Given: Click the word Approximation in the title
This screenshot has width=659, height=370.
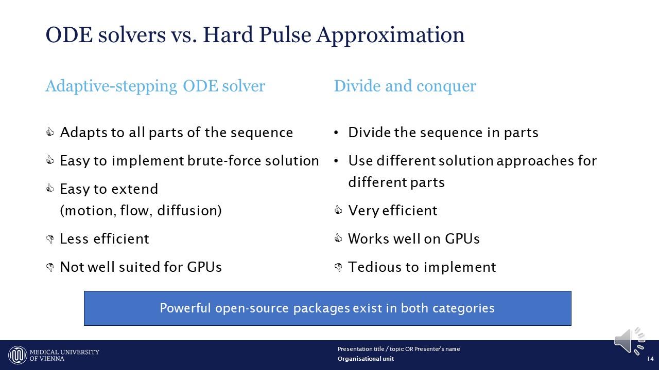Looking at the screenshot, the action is coord(390,36).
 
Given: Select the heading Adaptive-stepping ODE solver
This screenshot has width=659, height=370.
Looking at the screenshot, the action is coord(155,86).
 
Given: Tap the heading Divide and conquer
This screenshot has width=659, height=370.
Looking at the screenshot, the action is coord(405,86).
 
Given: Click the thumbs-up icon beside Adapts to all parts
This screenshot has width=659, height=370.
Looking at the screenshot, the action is coord(50,132).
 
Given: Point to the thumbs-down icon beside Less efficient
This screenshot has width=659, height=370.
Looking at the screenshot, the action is coord(50,239).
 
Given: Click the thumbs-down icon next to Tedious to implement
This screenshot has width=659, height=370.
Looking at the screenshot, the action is coord(338,267).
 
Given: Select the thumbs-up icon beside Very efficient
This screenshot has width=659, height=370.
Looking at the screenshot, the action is coord(338,210).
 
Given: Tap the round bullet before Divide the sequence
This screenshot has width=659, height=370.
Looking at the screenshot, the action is coord(336,133).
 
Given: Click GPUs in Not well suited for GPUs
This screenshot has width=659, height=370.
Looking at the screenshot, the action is coord(204,267).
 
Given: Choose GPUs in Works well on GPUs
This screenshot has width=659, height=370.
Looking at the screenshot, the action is coord(462,238).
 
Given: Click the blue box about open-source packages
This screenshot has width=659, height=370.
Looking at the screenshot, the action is coord(327,308).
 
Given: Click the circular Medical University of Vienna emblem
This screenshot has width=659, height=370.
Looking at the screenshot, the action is coord(18,355).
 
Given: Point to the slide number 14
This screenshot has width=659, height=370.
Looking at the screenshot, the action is coord(650,359).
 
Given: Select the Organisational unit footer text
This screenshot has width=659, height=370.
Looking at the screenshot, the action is coord(366,359).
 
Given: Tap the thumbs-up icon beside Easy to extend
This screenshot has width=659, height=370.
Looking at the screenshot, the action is coord(50,188).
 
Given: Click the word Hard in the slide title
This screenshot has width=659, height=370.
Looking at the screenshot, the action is coord(228,35).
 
